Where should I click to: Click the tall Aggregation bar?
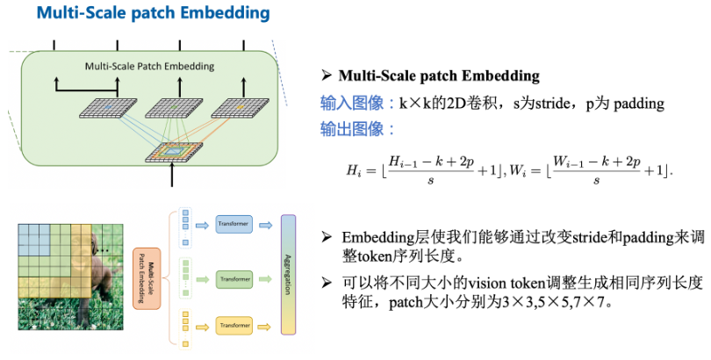(288, 275)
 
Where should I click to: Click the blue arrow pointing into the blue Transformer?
(201, 225)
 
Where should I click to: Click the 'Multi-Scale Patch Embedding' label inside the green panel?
(149, 67)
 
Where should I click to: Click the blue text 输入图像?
(358, 104)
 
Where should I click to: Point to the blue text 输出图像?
(358, 129)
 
